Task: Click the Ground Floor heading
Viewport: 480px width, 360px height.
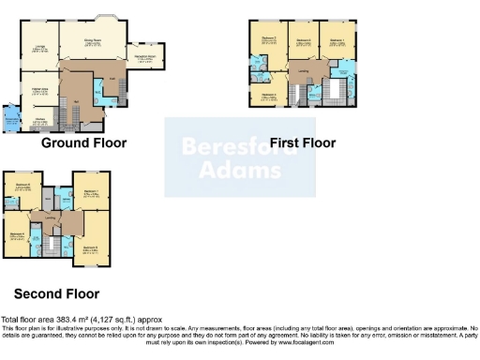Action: pyautogui.click(x=83, y=143)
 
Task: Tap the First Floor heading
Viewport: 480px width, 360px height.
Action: pyautogui.click(x=302, y=142)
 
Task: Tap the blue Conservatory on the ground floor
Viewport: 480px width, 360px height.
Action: pyautogui.click(x=11, y=121)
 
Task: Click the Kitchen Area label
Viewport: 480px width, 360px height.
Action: pyautogui.click(x=41, y=90)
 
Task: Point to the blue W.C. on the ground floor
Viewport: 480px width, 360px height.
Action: pyautogui.click(x=101, y=90)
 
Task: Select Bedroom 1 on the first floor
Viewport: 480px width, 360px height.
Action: pyautogui.click(x=337, y=42)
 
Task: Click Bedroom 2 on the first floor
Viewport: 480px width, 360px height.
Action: pyautogui.click(x=268, y=41)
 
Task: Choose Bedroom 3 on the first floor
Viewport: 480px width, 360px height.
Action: pyautogui.click(x=268, y=95)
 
